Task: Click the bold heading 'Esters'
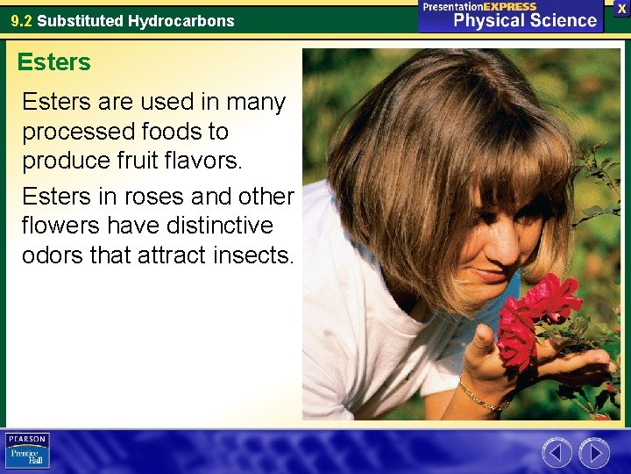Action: (53, 62)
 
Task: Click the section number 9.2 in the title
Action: (21, 20)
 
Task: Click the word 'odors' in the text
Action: (53, 255)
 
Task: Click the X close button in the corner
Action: (621, 8)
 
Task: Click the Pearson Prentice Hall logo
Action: (27, 450)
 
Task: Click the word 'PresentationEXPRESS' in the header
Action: (480, 6)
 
